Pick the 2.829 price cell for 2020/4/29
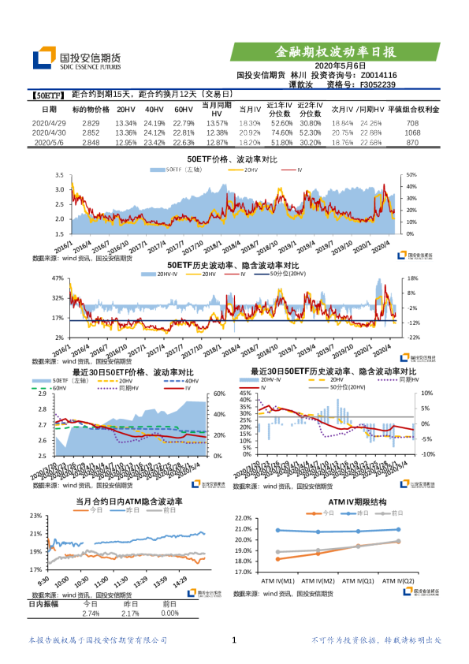(x=91, y=124)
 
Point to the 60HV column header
(x=183, y=110)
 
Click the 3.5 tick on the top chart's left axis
(x=58, y=175)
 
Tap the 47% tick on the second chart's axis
(x=57, y=278)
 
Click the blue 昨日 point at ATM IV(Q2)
(x=399, y=529)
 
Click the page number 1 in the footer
(x=234, y=640)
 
